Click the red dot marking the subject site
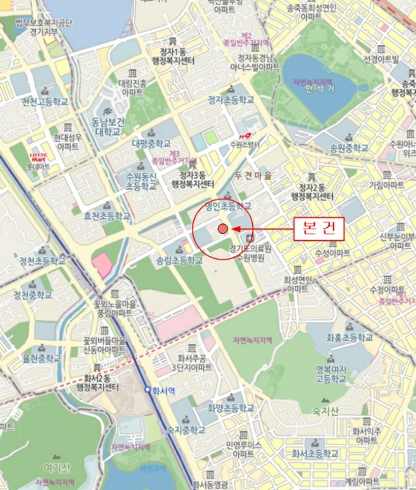click(222, 229)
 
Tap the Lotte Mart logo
click(38, 157)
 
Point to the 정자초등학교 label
click(230, 100)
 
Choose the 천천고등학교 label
click(44, 102)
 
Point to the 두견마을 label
click(253, 175)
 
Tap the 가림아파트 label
click(387, 185)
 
